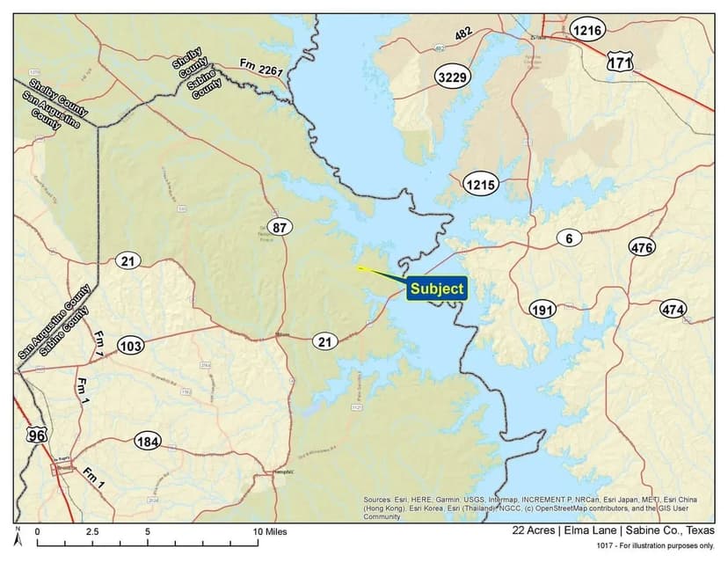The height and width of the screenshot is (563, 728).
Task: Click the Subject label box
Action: click(436, 289)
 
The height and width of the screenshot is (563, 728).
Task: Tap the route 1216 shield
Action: click(586, 30)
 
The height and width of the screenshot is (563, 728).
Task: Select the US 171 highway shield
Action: click(620, 61)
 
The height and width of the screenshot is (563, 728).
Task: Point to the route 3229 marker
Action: click(453, 77)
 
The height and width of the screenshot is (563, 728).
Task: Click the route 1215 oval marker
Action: click(481, 185)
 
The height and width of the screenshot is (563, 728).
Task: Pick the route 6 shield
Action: click(569, 238)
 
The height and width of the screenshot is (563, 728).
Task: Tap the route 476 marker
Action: click(642, 248)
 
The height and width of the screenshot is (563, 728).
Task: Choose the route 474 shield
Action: click(673, 310)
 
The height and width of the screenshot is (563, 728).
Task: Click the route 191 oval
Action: click(543, 310)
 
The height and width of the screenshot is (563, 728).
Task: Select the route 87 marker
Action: click(280, 228)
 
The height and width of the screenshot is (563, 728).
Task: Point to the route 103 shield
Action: click(130, 347)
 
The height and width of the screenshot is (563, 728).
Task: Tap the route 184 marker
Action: click(148, 441)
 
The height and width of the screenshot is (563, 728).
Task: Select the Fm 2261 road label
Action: click(261, 65)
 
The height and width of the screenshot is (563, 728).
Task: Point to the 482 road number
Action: click(464, 33)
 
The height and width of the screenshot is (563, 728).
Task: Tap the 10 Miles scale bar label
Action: click(270, 531)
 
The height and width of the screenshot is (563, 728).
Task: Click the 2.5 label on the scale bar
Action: click(91, 531)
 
